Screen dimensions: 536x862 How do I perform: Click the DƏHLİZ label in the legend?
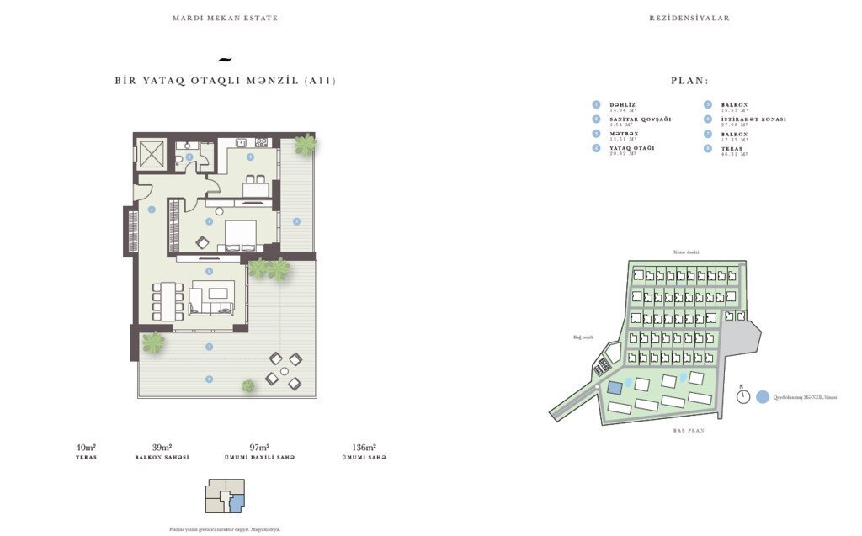coord(624,104)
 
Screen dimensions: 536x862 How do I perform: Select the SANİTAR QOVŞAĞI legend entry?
coord(640,119)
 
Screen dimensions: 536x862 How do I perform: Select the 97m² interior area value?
coord(259,448)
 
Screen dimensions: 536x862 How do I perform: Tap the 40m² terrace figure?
coord(86,448)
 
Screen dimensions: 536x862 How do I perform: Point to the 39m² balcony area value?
coord(162,448)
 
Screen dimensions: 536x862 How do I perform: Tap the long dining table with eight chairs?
coord(167,300)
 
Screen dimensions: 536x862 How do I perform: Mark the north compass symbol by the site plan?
coord(742,396)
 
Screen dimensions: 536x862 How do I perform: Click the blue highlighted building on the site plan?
coord(615,388)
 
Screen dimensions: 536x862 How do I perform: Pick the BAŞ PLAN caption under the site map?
coord(688,430)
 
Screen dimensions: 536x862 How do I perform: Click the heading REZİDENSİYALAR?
coord(689,18)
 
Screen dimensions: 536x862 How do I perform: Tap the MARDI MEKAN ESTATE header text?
coord(225,18)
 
